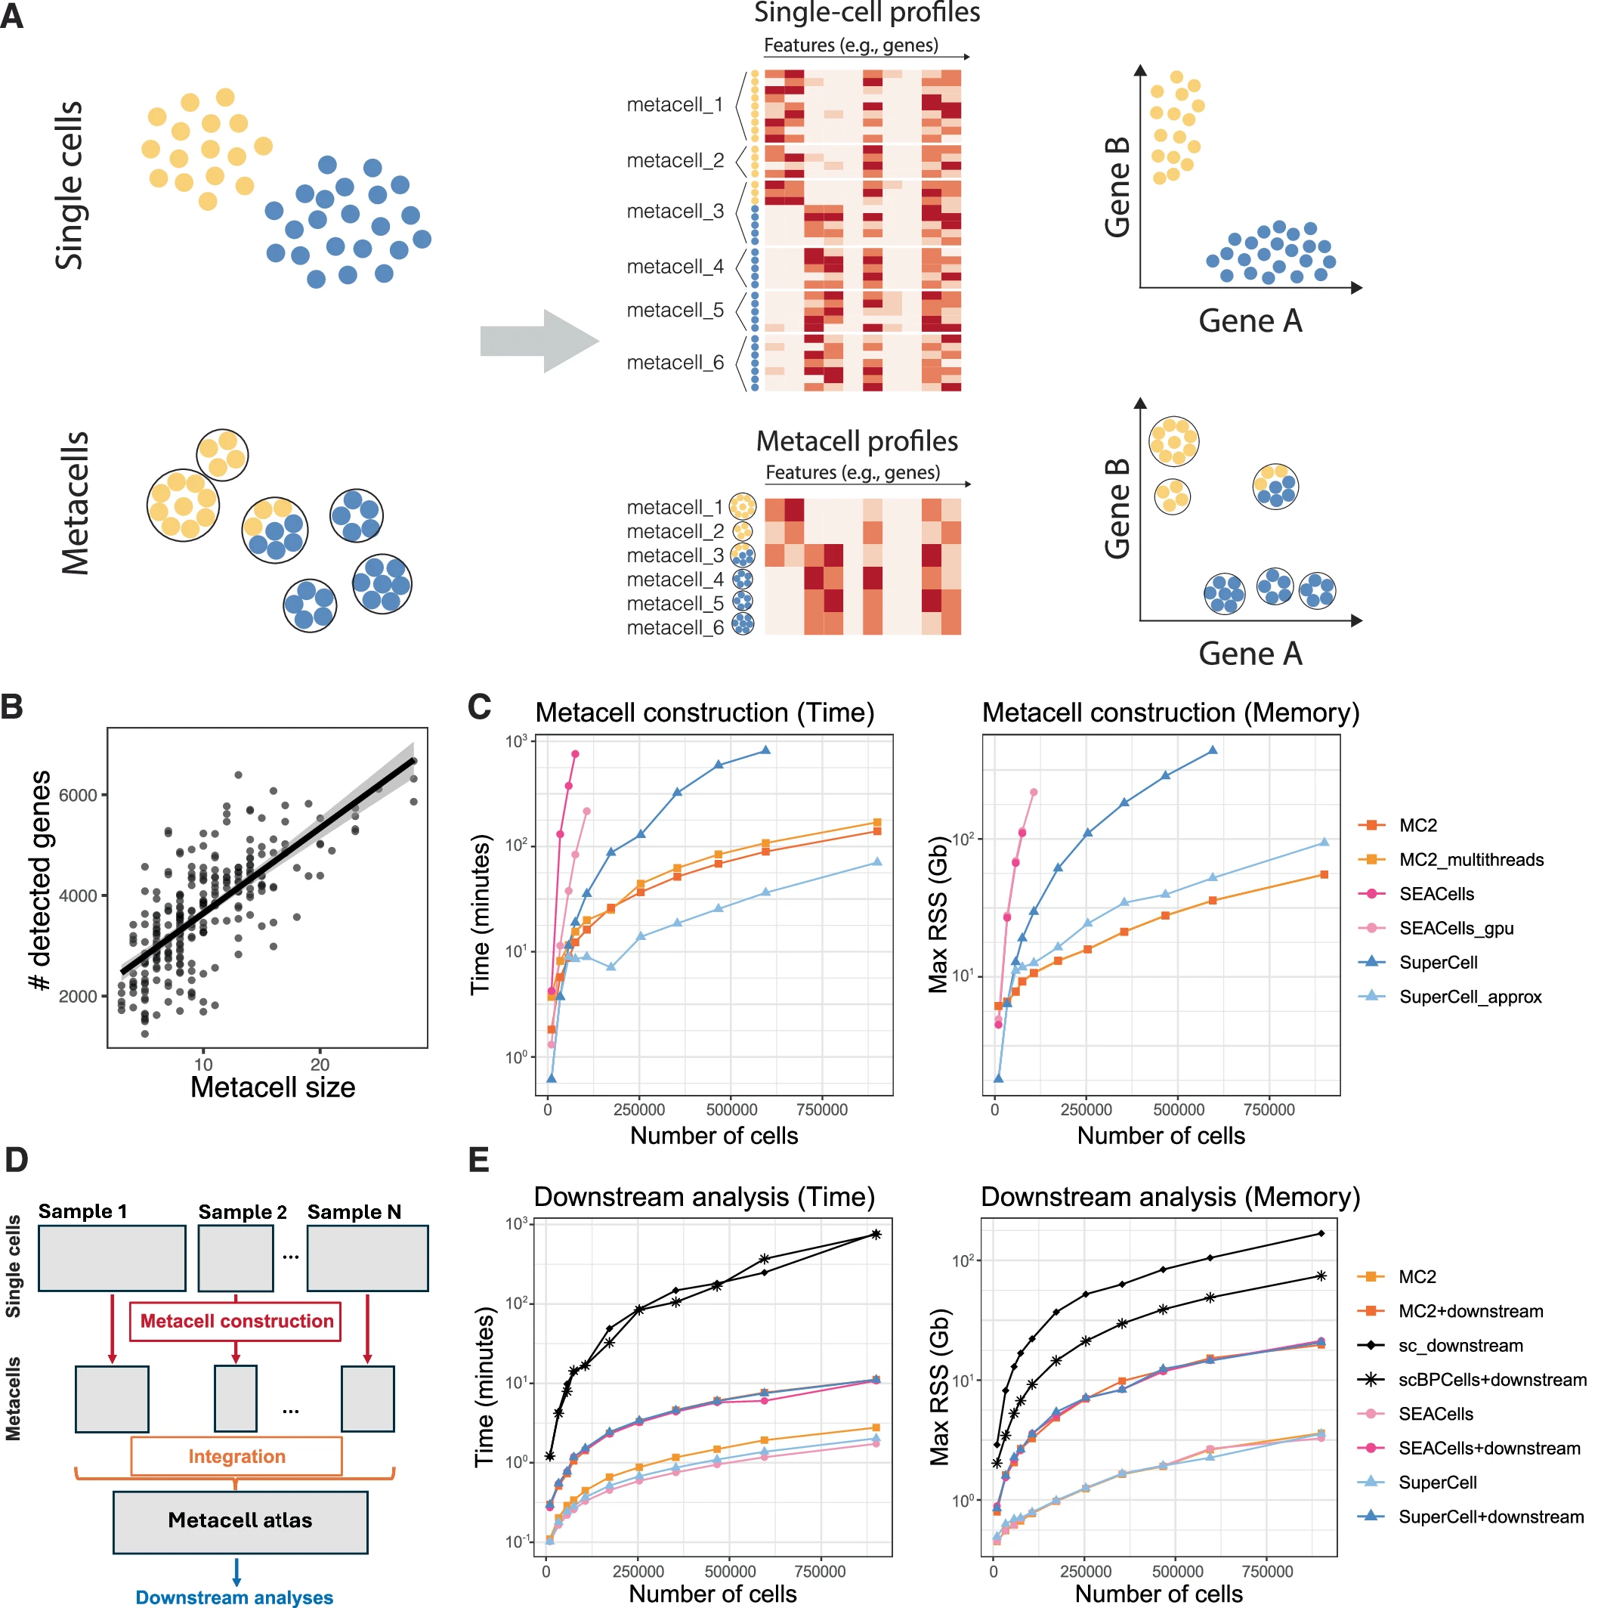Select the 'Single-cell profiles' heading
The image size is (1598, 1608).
[867, 13]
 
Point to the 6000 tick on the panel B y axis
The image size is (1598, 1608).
[79, 796]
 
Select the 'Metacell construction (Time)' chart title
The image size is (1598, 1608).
[704, 713]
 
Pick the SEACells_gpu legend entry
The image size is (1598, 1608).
[1456, 929]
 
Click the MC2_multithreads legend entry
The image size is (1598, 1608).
[1470, 861]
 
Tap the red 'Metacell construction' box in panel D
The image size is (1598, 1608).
[236, 1322]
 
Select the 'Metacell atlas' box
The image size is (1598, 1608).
[240, 1520]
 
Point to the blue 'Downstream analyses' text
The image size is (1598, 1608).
[234, 1597]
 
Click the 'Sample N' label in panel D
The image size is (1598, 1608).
[354, 1212]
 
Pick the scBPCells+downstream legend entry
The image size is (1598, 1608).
[1491, 1380]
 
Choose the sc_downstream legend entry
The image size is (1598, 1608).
[1460, 1346]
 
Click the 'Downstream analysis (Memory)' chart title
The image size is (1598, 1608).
[1170, 1197]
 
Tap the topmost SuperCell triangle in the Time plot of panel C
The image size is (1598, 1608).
[765, 750]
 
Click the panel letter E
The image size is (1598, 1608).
[478, 1160]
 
